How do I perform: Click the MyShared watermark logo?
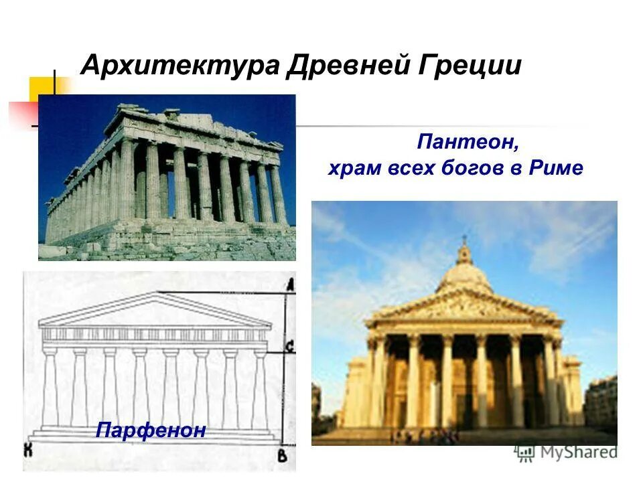(x=567, y=452)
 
